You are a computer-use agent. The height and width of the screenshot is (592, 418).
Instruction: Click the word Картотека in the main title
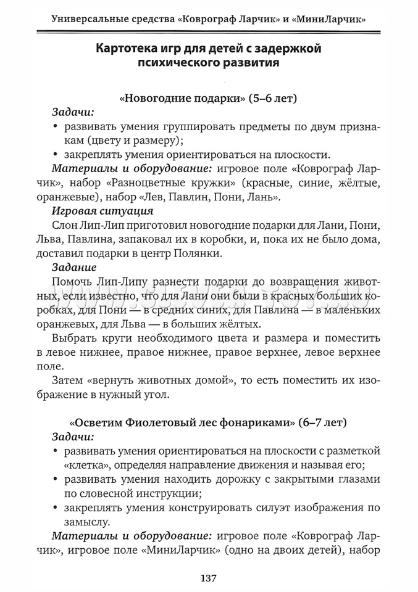[124, 47]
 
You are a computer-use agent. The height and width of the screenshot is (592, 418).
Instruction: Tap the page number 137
[209, 578]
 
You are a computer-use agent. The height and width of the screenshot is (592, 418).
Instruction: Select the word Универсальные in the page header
[89, 18]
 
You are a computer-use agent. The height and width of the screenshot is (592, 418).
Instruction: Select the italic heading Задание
[74, 268]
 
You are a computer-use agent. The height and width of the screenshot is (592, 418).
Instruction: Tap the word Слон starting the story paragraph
[65, 225]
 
